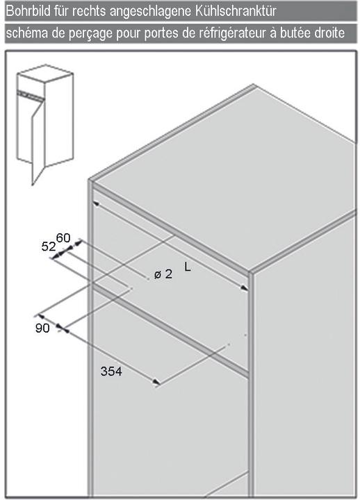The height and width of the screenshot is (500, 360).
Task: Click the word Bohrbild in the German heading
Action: (28, 11)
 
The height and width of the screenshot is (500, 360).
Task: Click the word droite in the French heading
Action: (329, 33)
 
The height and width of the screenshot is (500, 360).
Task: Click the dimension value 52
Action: (48, 247)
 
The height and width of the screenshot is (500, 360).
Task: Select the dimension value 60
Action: (63, 238)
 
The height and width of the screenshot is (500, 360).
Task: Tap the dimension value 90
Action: (42, 328)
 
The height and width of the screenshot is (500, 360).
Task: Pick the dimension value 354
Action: (111, 371)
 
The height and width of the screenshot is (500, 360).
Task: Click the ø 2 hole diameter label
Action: (163, 274)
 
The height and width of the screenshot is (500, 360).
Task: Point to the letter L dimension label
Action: (188, 267)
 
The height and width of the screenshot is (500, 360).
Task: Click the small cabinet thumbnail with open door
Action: (44, 124)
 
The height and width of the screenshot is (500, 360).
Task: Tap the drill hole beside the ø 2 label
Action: (148, 278)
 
